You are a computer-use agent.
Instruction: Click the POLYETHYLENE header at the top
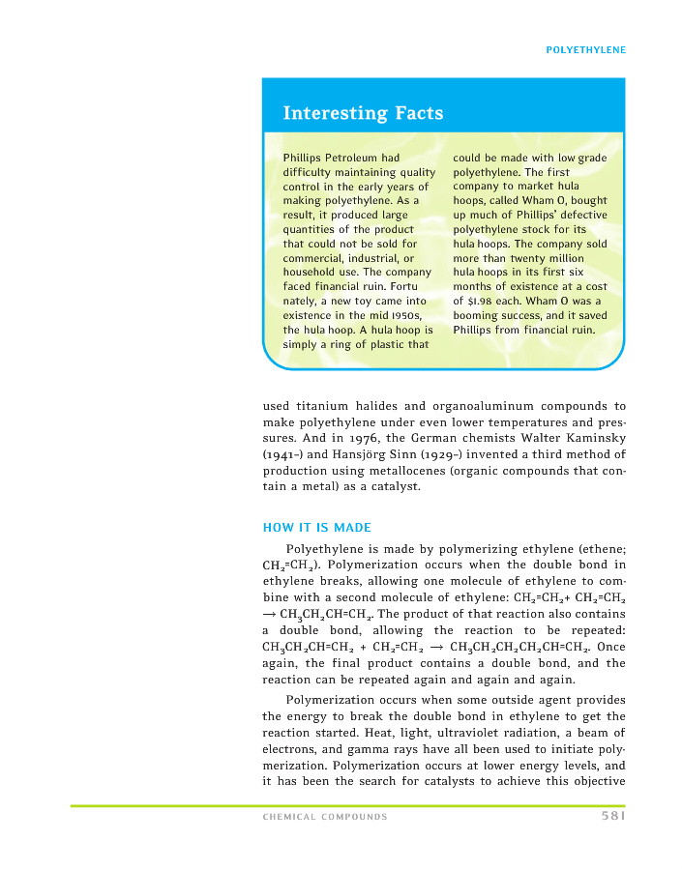(586, 49)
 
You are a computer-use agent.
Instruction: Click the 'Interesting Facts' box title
(363, 113)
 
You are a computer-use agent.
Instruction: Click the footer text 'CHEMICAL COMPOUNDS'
(325, 817)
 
